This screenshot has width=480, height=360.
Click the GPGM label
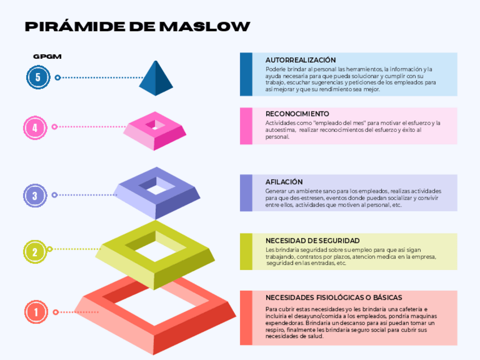[x=47, y=57]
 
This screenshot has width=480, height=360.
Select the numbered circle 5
[x=38, y=78]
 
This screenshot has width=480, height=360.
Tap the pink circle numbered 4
[x=35, y=127]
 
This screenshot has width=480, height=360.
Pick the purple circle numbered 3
[x=35, y=196]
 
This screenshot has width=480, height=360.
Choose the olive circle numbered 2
[x=35, y=252]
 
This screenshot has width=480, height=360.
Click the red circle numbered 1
[x=36, y=312]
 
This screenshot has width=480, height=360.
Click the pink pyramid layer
[x=155, y=131]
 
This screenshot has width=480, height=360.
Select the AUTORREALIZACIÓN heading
[x=301, y=60]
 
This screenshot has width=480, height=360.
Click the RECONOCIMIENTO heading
[x=297, y=114]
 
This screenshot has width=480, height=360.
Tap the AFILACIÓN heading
[x=284, y=182]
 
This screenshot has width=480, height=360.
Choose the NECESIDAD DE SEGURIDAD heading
[x=312, y=241]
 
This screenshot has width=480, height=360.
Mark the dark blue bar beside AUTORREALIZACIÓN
[x=246, y=74]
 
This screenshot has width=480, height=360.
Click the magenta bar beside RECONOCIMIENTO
[x=246, y=126]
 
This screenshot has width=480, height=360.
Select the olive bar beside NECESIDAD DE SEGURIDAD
[x=246, y=251]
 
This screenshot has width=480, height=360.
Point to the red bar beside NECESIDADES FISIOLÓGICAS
[x=246, y=318]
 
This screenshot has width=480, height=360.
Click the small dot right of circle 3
[x=54, y=195]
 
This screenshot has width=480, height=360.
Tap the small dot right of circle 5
[x=57, y=78]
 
